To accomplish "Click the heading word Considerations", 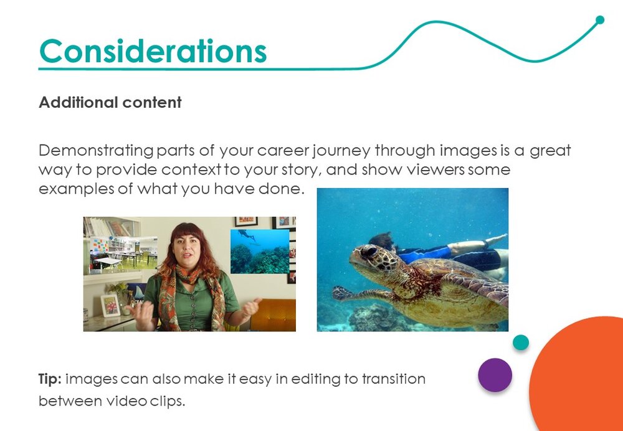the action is [153, 51].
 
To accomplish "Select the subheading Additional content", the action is [110, 103].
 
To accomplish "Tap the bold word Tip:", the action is [50, 379].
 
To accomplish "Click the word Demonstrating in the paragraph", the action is [96, 151].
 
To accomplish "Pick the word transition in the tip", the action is [393, 379].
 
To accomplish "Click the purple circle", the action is [495, 375].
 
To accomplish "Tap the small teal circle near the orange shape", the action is [520, 343].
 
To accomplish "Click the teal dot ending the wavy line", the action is [600, 20].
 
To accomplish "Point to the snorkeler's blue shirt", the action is [425, 254].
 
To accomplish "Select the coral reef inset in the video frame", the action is [260, 252].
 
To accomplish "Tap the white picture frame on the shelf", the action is [110, 305].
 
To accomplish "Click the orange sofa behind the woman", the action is [273, 315].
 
